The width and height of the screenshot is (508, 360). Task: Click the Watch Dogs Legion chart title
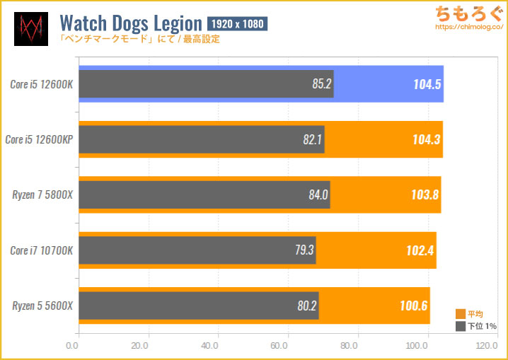click(x=132, y=23)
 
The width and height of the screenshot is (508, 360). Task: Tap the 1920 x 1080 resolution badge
click(x=238, y=24)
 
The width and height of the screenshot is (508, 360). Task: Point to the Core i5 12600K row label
click(x=42, y=84)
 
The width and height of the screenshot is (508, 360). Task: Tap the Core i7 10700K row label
click(x=42, y=250)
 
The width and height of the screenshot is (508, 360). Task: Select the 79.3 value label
click(x=304, y=250)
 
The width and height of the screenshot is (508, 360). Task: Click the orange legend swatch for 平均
click(x=461, y=314)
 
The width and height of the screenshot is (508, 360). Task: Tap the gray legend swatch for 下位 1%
click(x=461, y=326)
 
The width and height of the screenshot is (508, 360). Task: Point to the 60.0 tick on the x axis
click(x=279, y=347)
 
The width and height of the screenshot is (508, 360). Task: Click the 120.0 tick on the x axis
click(x=486, y=347)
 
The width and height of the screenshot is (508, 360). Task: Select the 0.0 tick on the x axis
click(x=72, y=347)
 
